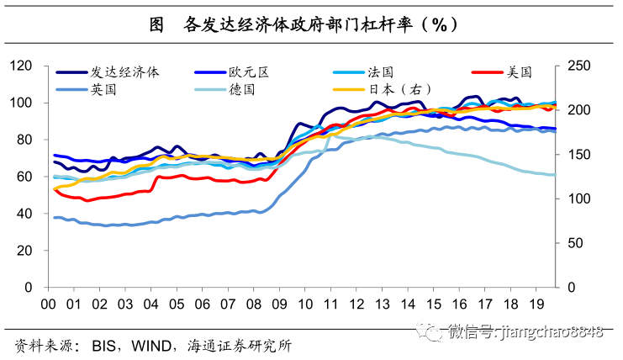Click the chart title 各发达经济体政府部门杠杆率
tap(319, 25)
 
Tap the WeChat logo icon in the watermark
tap(433, 332)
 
